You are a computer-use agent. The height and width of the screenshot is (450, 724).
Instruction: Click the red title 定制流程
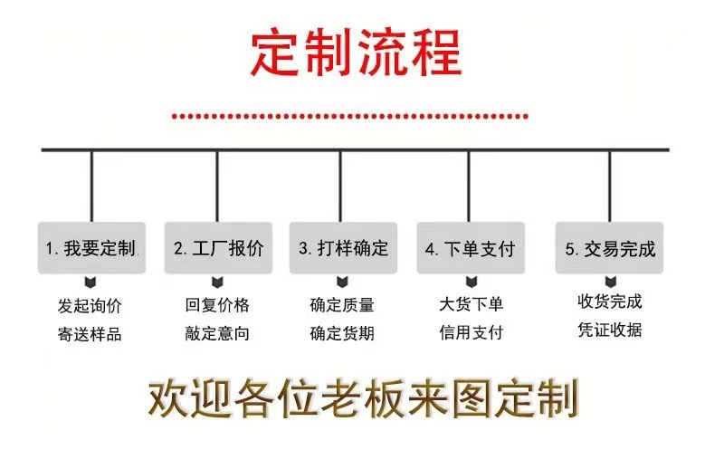357,54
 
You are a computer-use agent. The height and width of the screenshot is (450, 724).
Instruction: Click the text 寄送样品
89,334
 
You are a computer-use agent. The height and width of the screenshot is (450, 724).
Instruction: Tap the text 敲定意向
216,334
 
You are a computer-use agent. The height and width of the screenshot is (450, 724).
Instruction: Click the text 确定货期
342,334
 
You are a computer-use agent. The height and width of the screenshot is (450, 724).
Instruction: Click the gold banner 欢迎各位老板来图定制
362,398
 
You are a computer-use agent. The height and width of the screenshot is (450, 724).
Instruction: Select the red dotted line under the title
349,116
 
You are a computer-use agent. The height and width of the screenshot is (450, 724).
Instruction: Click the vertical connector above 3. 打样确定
341,186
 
